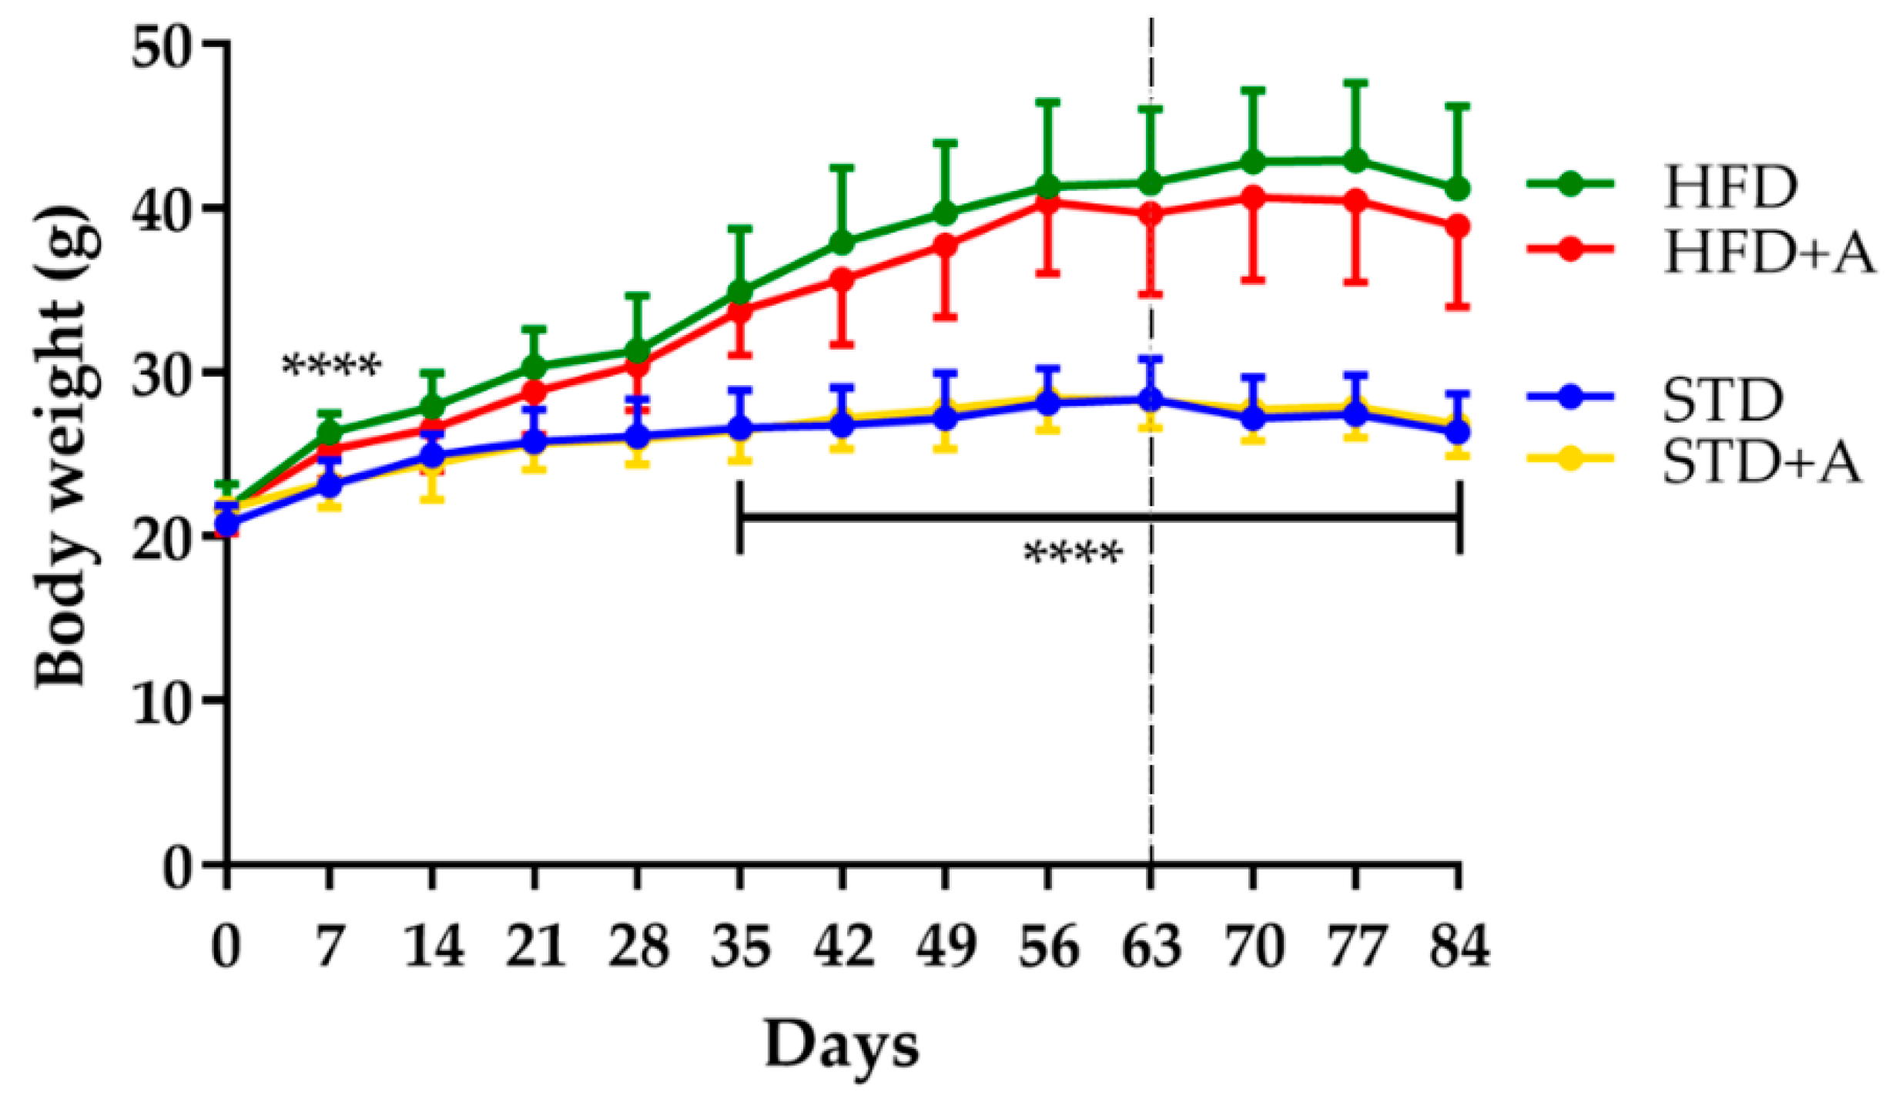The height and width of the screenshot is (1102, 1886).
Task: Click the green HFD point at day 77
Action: coord(1356,162)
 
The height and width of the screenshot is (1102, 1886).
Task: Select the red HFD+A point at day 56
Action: coord(1048,203)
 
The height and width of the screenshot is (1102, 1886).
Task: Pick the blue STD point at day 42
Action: coord(843,424)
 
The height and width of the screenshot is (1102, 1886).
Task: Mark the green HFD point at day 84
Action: coord(1458,189)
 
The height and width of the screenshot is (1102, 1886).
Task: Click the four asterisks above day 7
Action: coord(331,365)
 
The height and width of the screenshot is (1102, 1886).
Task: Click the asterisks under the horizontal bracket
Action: coord(1073,553)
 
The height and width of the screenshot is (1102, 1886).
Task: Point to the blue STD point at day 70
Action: coord(1253,418)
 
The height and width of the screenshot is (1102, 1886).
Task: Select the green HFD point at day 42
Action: coord(843,243)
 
